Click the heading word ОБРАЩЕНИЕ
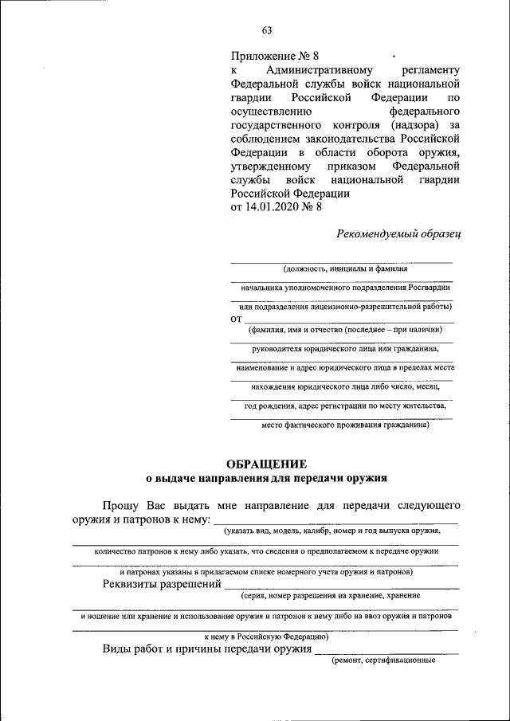pos(266,464)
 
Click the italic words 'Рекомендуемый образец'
pos(399,233)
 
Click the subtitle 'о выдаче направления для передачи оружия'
pos(266,479)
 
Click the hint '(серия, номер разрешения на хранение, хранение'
pos(330,595)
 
